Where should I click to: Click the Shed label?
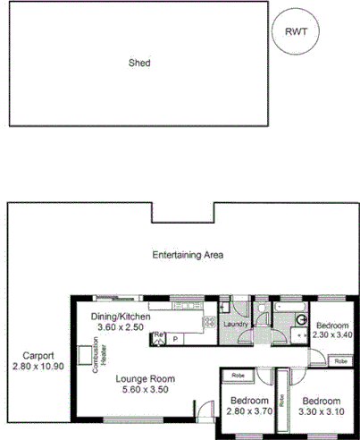click(138, 63)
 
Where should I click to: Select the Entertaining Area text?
click(187, 255)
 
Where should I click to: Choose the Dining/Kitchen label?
click(121, 317)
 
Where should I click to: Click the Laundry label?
click(235, 325)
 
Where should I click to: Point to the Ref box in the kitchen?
click(159, 336)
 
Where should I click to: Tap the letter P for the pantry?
click(175, 339)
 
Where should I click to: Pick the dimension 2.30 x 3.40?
click(332, 334)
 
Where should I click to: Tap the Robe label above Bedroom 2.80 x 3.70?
click(239, 375)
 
